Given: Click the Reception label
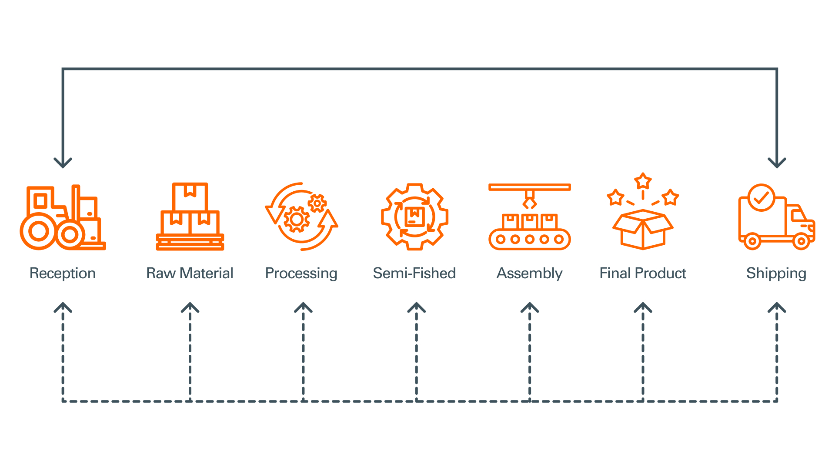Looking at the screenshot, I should tap(63, 273).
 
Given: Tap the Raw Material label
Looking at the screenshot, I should tap(190, 273).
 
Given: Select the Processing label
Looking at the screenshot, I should tap(301, 273).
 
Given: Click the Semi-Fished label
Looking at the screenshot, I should tap(414, 273).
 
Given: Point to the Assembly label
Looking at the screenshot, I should tap(529, 273).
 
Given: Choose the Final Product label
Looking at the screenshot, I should tap(642, 273).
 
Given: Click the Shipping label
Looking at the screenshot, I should tap(776, 273).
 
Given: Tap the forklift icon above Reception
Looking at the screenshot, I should tap(63, 217).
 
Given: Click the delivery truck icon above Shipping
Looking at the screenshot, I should tap(776, 217).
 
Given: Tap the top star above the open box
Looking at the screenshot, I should tap(643, 181).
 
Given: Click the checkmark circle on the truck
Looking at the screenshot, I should tap(761, 197).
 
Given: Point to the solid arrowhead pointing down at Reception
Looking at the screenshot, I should tap(63, 163).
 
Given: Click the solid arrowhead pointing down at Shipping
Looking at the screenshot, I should tap(777, 163).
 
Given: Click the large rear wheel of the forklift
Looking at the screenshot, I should tap(39, 231).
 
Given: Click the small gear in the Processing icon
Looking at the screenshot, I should tap(317, 203).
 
